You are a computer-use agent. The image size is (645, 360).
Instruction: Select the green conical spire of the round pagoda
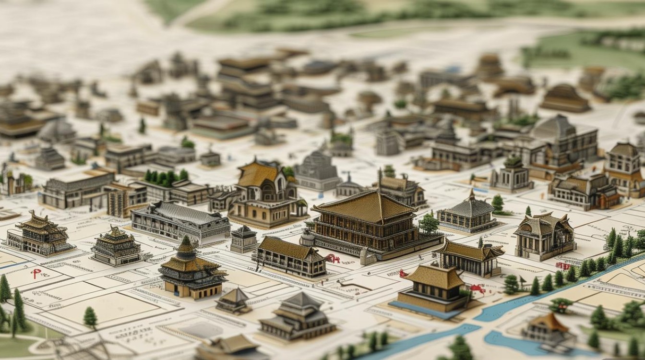186,245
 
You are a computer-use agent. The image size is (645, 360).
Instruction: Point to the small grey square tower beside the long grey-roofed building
244,239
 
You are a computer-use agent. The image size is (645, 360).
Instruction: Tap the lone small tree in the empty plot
90,317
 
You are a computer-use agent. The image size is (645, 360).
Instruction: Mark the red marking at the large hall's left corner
332,259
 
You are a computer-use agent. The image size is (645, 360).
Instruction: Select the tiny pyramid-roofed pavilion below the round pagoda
234,300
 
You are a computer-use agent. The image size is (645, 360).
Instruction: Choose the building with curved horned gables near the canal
545,235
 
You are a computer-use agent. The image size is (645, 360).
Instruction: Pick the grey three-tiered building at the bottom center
298,317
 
